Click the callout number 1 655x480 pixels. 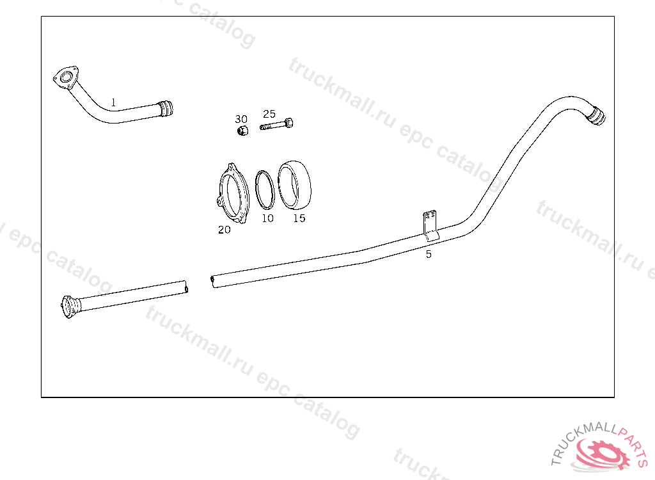click(113, 102)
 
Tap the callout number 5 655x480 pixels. click(429, 254)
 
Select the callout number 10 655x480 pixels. click(267, 218)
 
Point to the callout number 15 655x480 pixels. click(299, 218)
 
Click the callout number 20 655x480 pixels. click(225, 230)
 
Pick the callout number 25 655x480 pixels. click(269, 114)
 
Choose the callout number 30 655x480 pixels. click(241, 119)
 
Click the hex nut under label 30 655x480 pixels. click(242, 131)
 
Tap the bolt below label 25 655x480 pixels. click(276, 124)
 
